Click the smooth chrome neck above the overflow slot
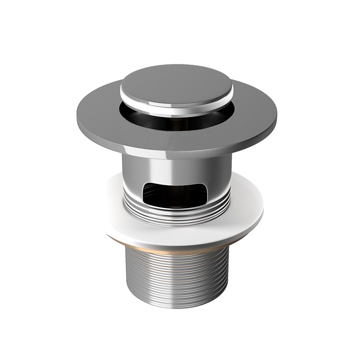point(177,168)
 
